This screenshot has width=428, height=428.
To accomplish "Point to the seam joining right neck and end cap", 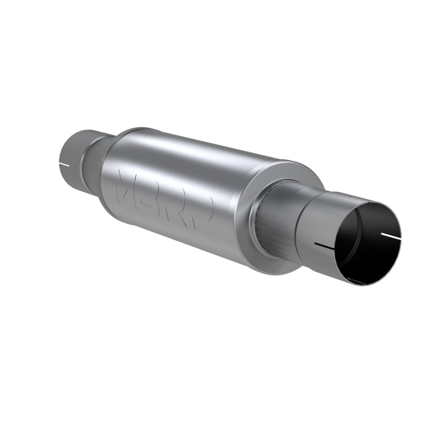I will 260,214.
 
